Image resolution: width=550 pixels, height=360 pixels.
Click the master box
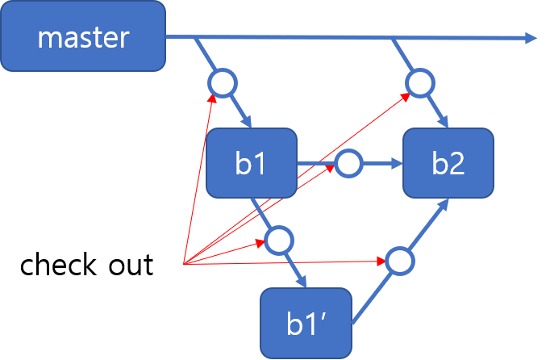[x=83, y=36]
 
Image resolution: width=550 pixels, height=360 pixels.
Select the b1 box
[x=252, y=163]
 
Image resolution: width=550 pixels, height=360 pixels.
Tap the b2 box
[x=448, y=163]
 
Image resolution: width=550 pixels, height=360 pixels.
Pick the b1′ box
[x=306, y=324]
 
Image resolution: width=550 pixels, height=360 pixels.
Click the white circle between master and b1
[x=222, y=82]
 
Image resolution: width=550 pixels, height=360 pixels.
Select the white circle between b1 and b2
[x=348, y=164]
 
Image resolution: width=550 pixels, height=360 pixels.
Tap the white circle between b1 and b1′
[x=279, y=240]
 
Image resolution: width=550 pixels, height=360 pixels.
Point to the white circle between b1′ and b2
[x=398, y=261]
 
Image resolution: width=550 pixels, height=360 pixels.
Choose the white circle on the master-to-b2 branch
[x=420, y=82]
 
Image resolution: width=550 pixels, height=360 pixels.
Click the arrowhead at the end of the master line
[x=531, y=37]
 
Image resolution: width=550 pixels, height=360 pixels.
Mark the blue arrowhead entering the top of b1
[x=246, y=121]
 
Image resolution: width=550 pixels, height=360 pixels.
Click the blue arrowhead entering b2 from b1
[x=397, y=164]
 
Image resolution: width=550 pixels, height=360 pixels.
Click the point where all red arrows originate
[x=185, y=264]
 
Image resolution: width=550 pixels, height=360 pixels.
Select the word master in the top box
[x=83, y=37]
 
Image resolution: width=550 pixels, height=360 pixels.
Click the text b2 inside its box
[x=448, y=164]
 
